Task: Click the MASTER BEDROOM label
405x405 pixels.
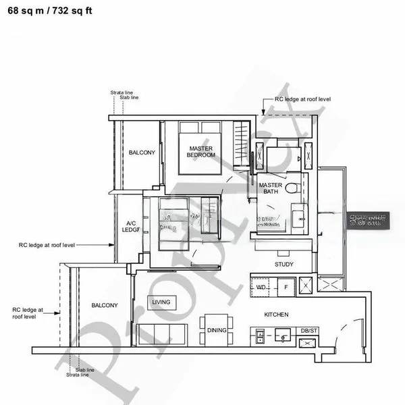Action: tap(201, 151)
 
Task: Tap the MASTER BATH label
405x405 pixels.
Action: tap(270, 188)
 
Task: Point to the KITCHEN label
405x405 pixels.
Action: tap(276, 315)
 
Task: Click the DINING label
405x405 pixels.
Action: tap(217, 330)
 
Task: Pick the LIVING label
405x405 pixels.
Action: tap(161, 302)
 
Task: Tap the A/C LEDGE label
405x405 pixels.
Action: tap(131, 226)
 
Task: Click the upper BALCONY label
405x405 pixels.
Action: tap(142, 153)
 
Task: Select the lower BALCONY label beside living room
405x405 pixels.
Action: tap(105, 305)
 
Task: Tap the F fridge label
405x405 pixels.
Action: tap(286, 287)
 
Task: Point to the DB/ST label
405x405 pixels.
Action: tap(308, 331)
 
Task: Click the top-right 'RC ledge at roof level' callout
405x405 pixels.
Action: tap(302, 99)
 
